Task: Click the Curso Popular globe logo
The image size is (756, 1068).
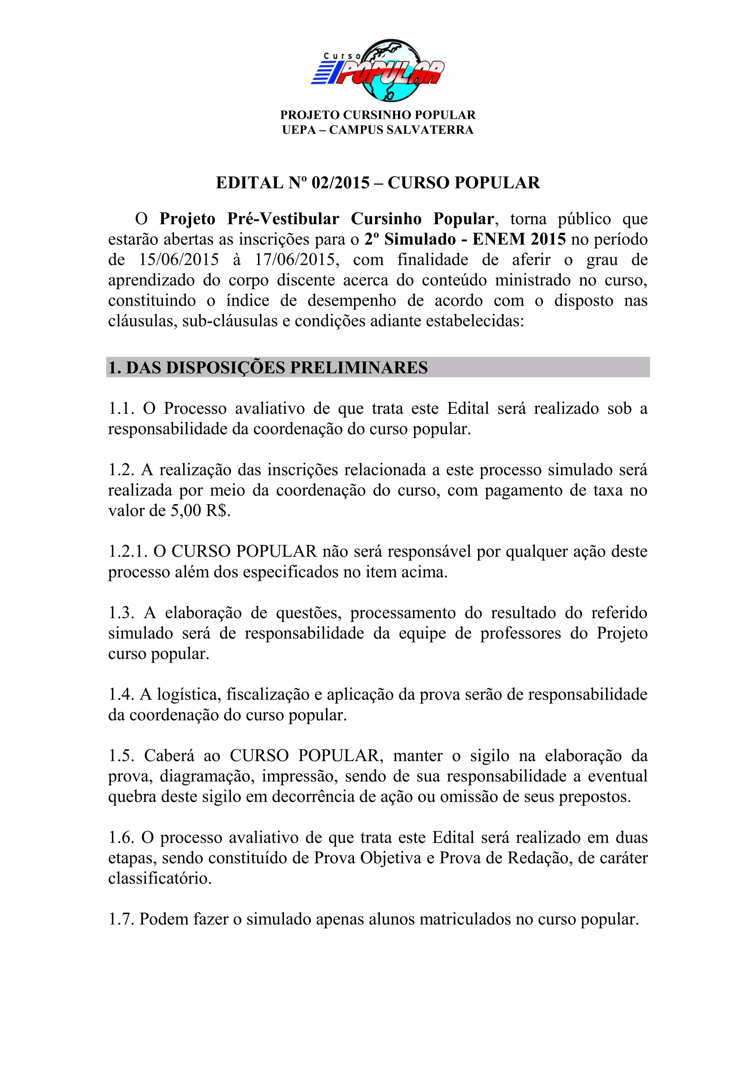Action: (x=378, y=70)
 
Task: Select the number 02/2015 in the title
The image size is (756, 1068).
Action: (x=340, y=183)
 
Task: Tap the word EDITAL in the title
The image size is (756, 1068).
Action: (x=250, y=183)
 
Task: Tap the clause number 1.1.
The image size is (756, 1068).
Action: (x=121, y=408)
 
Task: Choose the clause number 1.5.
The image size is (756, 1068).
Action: (x=121, y=756)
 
